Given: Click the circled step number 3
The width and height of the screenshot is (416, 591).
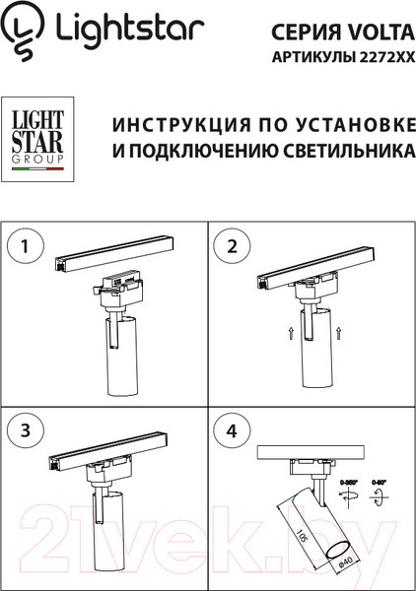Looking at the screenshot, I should coord(31,429).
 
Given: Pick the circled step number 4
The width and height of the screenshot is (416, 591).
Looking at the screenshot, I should coord(233,429).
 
